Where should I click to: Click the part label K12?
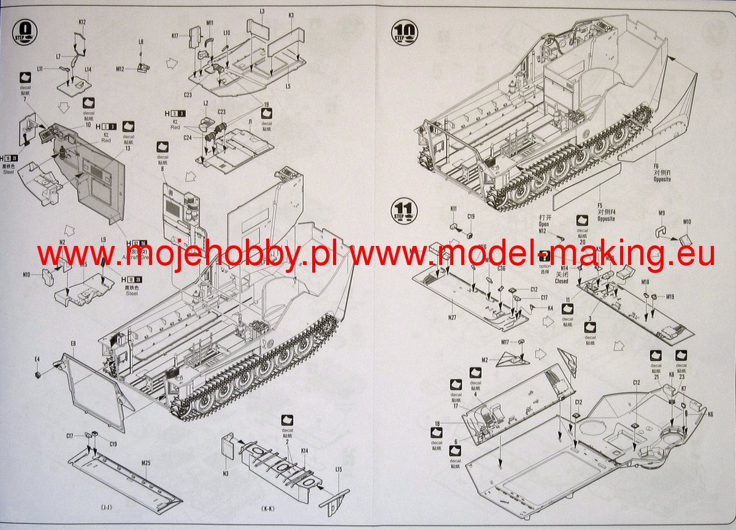[x=82, y=23]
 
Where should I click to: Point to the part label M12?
[x=120, y=69]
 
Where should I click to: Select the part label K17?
[x=175, y=36]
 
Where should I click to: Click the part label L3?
[x=262, y=12]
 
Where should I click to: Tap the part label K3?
[x=291, y=15]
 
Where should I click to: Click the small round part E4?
[x=37, y=374]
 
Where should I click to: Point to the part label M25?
[x=146, y=463]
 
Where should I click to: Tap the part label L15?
[x=339, y=469]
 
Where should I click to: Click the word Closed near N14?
[x=543, y=281]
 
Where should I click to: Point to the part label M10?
[x=687, y=222]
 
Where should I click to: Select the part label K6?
[x=710, y=415]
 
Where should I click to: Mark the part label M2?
[x=485, y=359]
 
